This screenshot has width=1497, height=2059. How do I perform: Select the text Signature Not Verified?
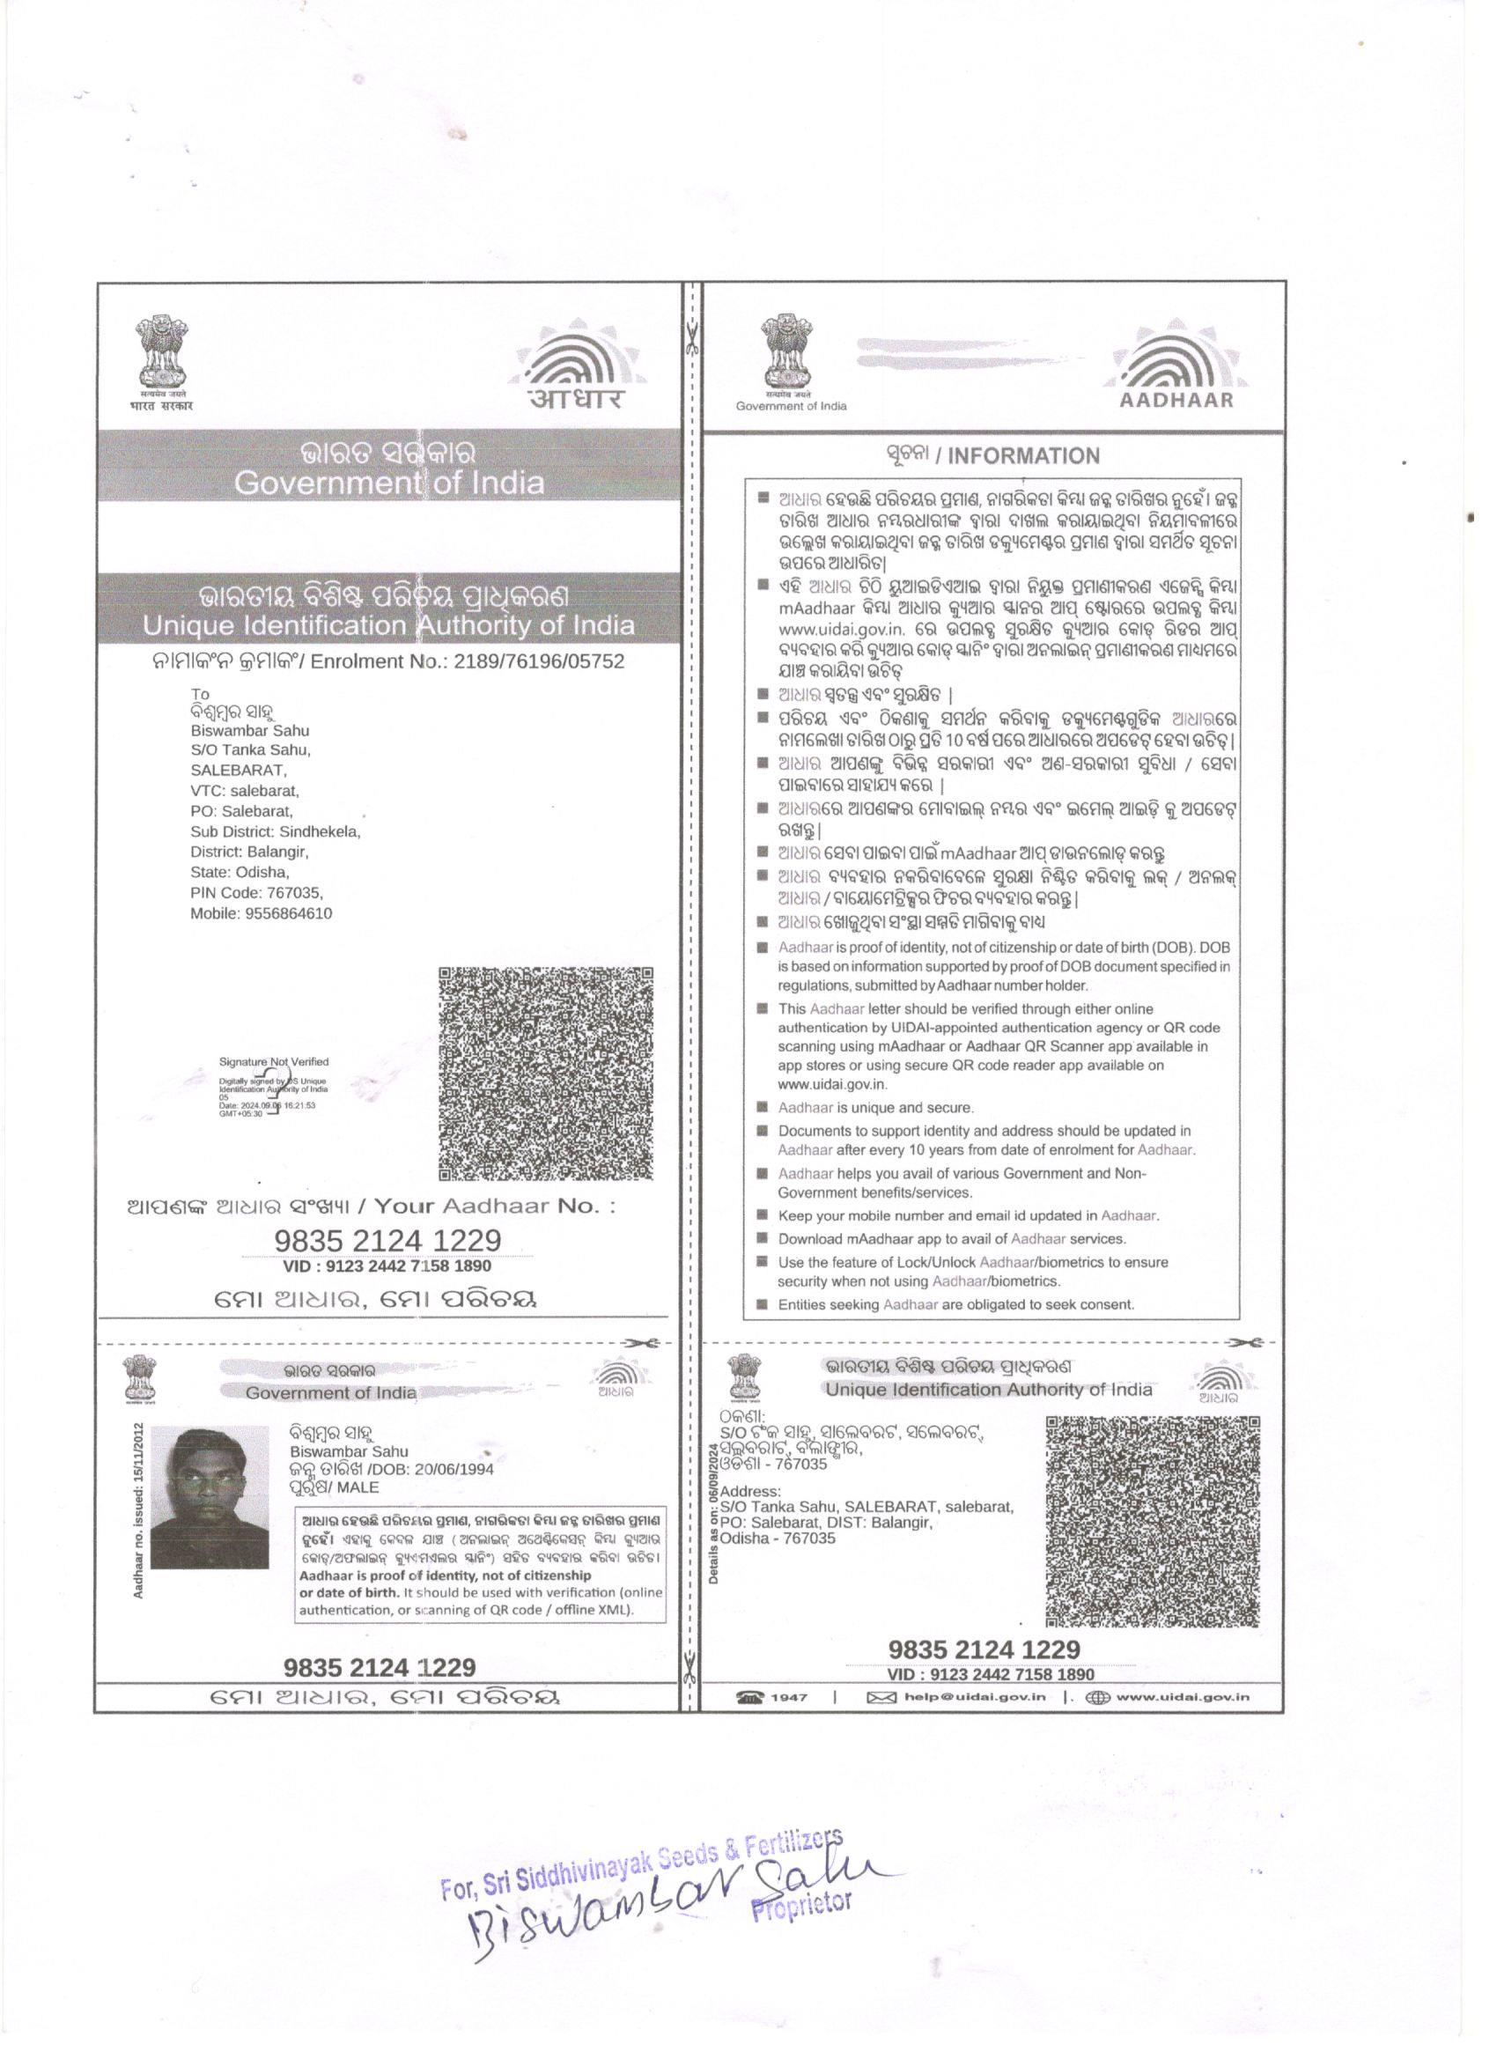click(273, 1061)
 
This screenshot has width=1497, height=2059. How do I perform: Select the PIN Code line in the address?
click(256, 892)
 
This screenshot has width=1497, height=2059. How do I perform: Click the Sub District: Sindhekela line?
click(275, 831)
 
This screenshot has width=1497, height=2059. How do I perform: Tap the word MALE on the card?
click(358, 1487)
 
